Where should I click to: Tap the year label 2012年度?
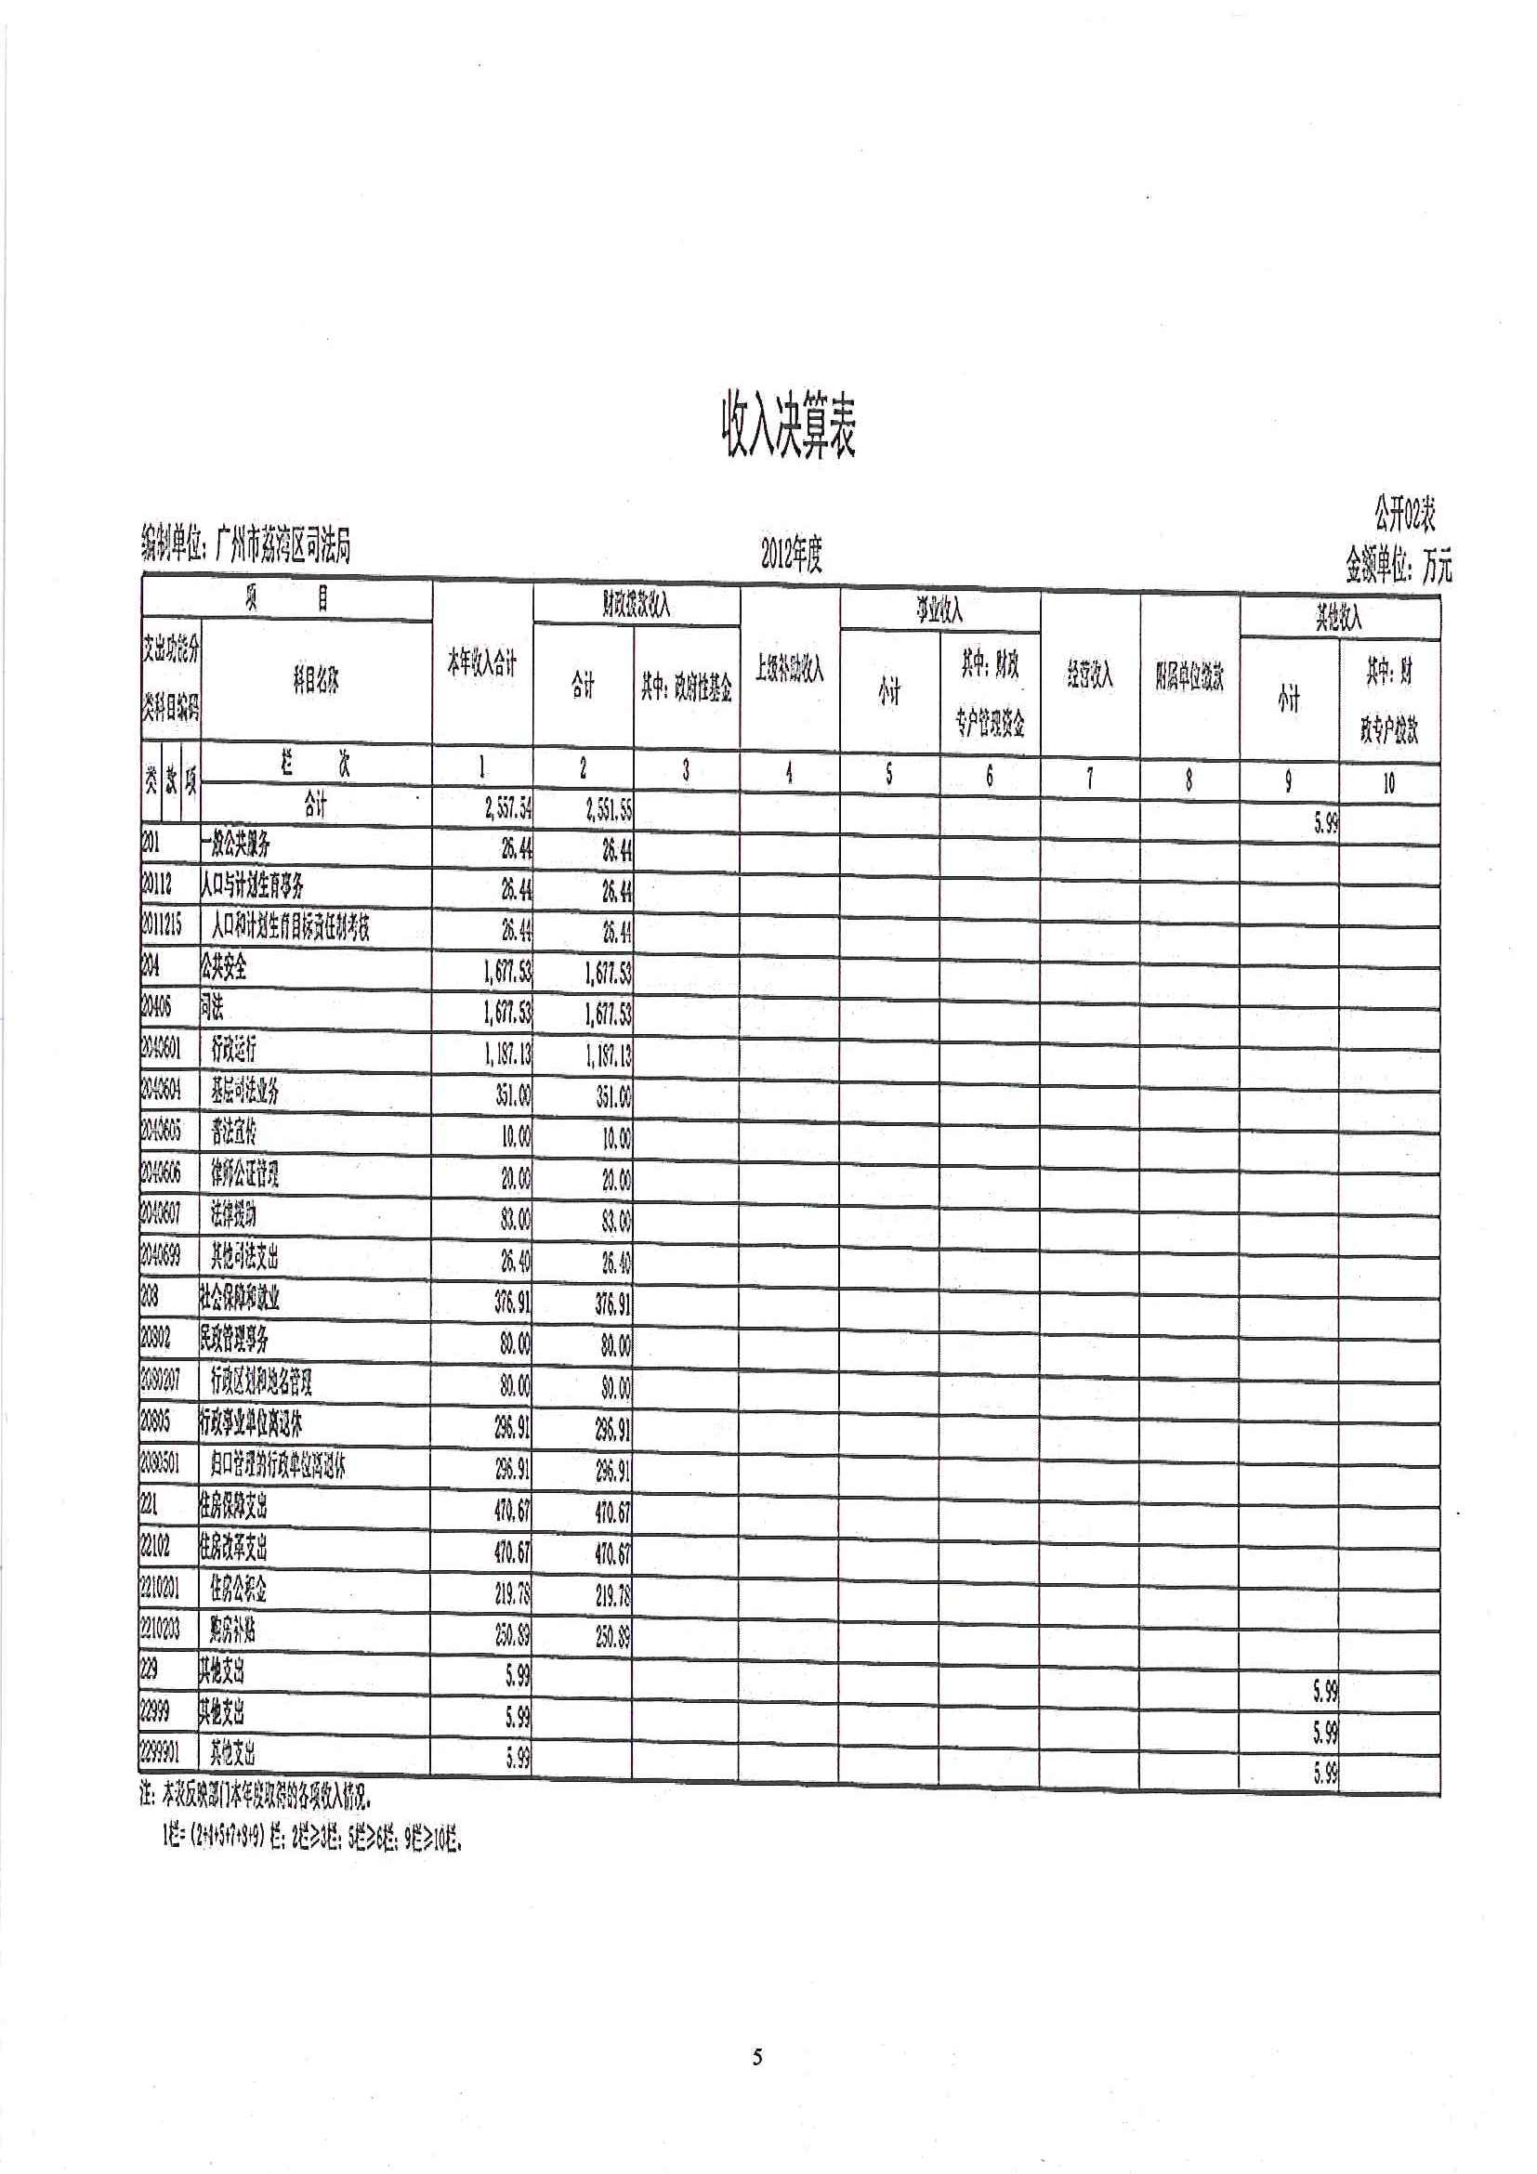[792, 556]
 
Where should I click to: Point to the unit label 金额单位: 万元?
[1399, 566]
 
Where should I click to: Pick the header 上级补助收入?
[790, 670]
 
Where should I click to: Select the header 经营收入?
[1089, 675]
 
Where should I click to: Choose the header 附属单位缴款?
[1189, 677]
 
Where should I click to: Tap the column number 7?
[1089, 779]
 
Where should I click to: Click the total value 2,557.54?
[507, 809]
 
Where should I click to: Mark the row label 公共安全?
[224, 967]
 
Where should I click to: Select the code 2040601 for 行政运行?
[161, 1049]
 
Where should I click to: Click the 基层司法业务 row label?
[244, 1092]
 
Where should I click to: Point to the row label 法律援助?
[233, 1215]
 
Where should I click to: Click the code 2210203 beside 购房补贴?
[161, 1630]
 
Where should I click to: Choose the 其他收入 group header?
[1338, 620]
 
